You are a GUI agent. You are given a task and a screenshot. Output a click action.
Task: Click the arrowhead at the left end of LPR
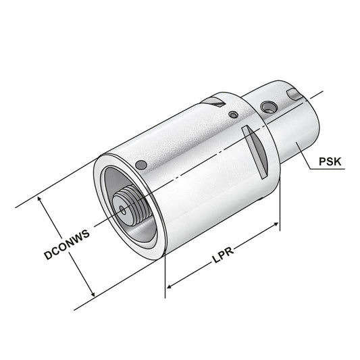169,285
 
